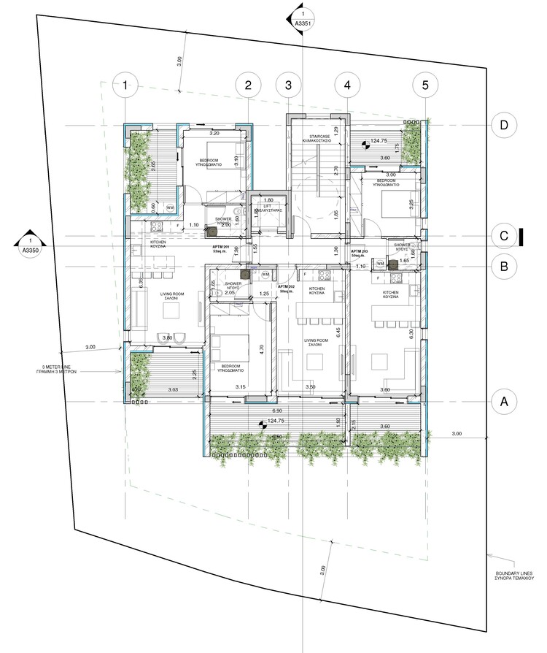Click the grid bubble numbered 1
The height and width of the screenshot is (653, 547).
point(126,85)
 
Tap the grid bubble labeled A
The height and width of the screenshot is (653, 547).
point(502,401)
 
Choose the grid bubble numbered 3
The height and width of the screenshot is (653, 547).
point(289,85)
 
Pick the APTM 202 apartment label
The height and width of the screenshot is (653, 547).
point(286,288)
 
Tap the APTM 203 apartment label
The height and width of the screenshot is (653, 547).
point(359,252)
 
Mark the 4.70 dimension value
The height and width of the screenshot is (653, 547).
point(260,349)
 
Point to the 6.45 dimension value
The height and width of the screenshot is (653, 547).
point(338,330)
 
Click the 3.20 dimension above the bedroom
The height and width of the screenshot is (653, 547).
point(214,134)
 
